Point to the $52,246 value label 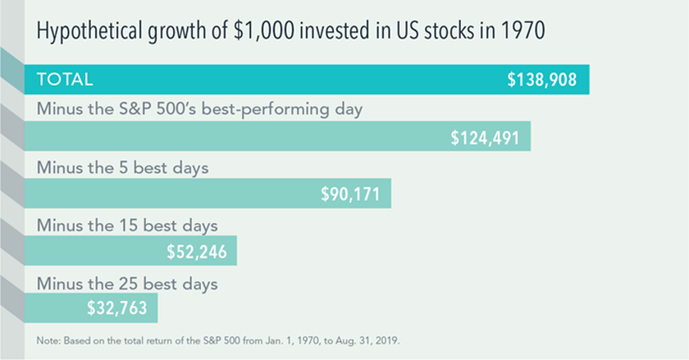pyautogui.click(x=196, y=251)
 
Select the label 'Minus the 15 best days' pyautogui.click(x=127, y=225)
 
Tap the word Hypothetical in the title pyautogui.click(x=87, y=34)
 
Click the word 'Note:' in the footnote pyautogui.click(x=49, y=338)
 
